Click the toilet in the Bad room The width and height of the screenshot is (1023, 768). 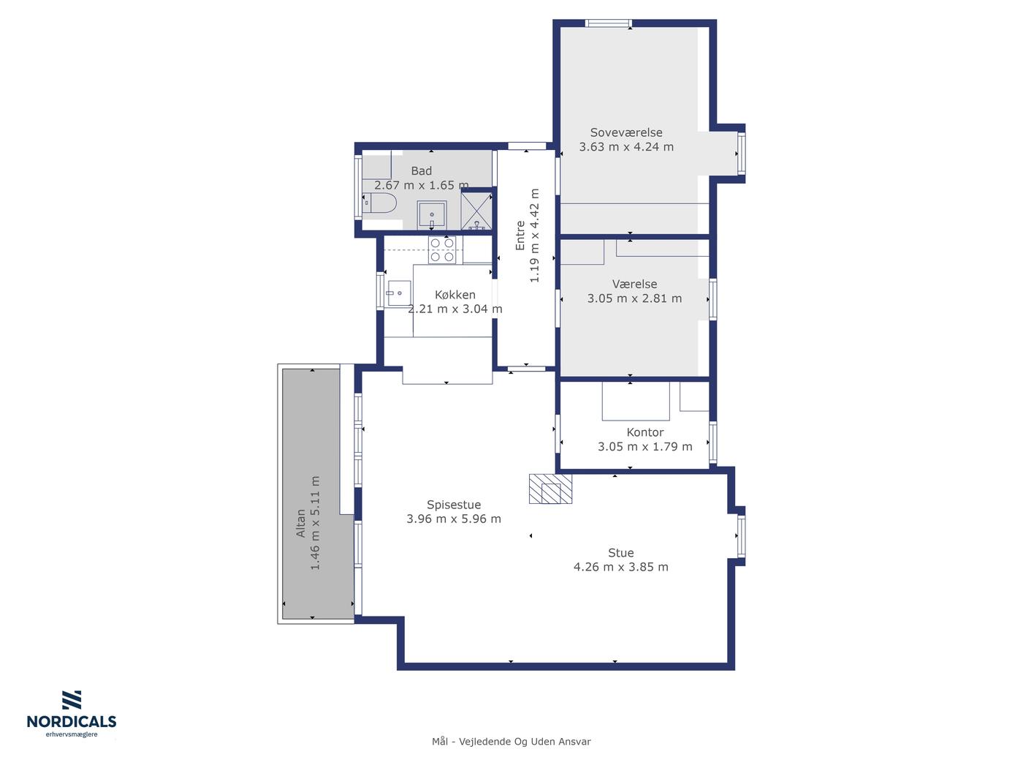[x=379, y=203]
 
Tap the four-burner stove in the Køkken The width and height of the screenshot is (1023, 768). [x=442, y=249]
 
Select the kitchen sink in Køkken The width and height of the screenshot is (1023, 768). [x=399, y=293]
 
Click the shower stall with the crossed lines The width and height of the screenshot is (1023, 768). [x=476, y=211]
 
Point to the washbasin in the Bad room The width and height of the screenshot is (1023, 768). [x=432, y=215]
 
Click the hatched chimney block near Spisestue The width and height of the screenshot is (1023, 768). [x=550, y=489]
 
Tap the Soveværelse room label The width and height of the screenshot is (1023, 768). [x=626, y=132]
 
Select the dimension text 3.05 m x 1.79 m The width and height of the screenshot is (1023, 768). [x=644, y=446]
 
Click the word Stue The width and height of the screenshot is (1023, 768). [x=621, y=552]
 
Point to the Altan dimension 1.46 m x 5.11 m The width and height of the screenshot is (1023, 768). [x=315, y=523]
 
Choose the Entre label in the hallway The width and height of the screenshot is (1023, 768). [x=520, y=236]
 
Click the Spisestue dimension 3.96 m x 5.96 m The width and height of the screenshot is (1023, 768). [x=454, y=519]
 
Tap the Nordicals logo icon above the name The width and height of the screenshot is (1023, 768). [x=72, y=700]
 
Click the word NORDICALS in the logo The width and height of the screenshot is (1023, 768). [x=72, y=721]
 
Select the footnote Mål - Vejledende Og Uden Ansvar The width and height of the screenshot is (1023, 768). [x=512, y=742]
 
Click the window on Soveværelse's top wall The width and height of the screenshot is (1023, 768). [x=609, y=23]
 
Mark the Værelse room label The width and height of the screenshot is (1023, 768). [x=634, y=284]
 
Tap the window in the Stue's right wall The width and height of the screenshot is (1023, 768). [x=741, y=536]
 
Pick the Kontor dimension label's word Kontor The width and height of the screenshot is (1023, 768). [x=645, y=432]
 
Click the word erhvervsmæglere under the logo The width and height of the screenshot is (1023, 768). [x=72, y=734]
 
